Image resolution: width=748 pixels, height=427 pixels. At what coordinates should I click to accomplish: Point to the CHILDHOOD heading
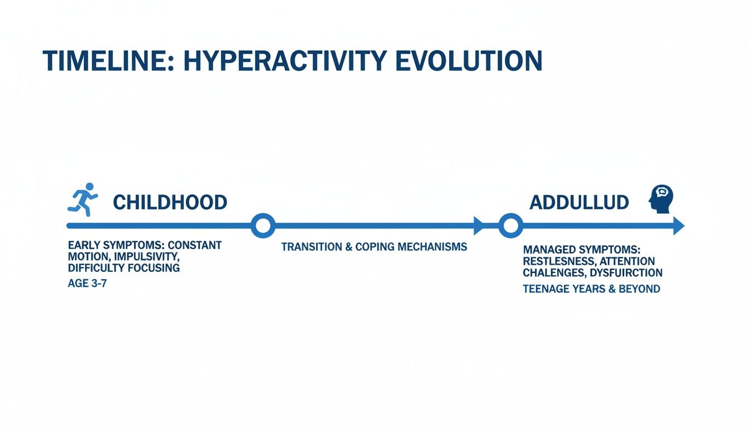point(170,202)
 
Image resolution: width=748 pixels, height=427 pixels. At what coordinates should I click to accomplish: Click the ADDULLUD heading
point(579,202)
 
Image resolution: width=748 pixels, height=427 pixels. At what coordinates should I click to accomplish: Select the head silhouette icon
point(661,198)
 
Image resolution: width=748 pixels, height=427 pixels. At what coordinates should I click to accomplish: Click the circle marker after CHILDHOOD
point(263,226)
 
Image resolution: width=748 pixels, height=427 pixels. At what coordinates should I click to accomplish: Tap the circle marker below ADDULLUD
point(510,226)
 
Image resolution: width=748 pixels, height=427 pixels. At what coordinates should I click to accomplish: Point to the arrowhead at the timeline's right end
point(678,226)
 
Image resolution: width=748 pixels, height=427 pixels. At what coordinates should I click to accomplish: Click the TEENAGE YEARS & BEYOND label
point(591,289)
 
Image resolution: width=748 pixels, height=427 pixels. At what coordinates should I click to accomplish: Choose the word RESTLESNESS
point(557,261)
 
